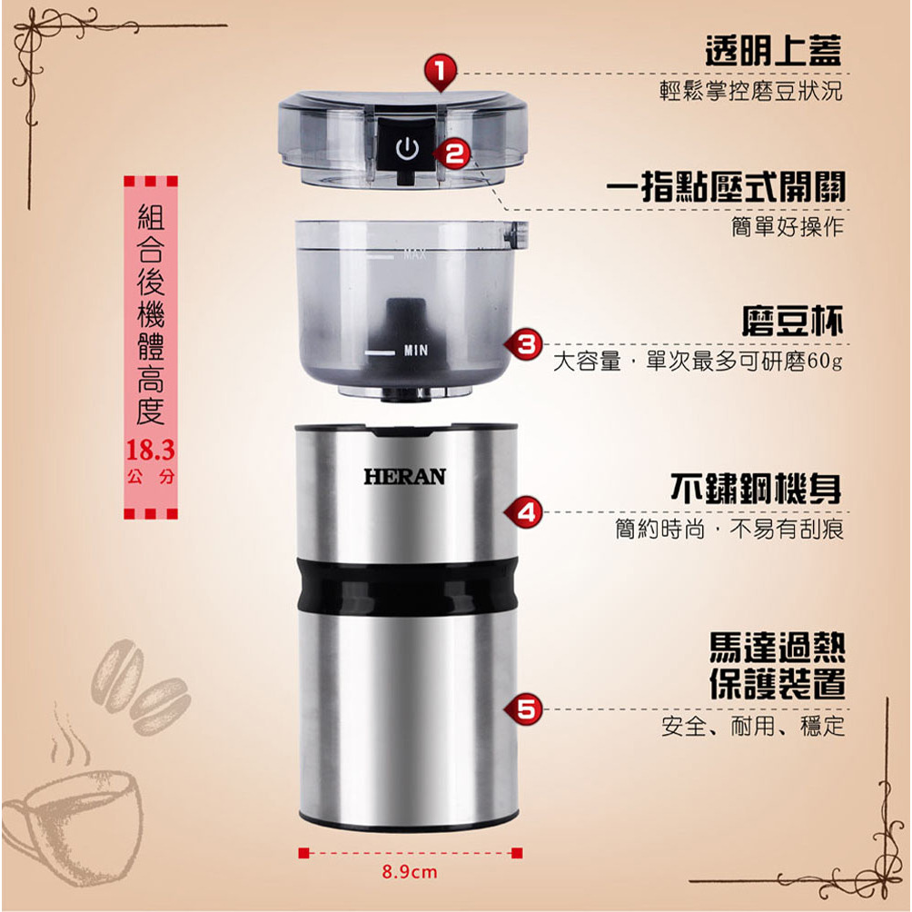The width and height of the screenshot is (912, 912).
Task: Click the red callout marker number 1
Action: tap(441, 72)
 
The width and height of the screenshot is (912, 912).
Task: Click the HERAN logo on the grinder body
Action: tap(405, 477)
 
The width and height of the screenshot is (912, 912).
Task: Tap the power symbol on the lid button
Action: tap(407, 149)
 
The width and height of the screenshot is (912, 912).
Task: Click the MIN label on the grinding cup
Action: tap(416, 350)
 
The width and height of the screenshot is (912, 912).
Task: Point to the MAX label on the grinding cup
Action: tap(415, 254)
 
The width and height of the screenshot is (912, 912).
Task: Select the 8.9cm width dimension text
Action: tap(410, 872)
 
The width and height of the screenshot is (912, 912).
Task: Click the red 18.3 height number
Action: tap(150, 451)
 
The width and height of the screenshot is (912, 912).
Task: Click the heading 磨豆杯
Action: tap(792, 321)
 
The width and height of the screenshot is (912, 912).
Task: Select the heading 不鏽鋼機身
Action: tap(756, 489)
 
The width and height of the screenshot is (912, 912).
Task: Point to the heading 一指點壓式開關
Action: tap(725, 186)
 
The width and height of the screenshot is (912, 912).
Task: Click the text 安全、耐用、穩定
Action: tap(752, 726)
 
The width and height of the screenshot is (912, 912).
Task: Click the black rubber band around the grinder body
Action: tap(407, 587)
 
